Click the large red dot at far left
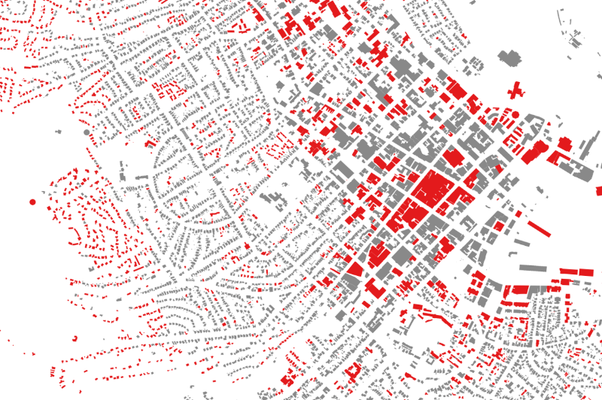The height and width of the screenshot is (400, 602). click(32, 202)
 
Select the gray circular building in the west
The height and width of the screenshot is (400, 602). click(87, 132)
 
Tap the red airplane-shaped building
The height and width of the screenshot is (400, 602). click(516, 91)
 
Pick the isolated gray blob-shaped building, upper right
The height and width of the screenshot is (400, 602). click(511, 56)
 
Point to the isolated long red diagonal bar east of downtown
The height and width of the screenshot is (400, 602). click(539, 228)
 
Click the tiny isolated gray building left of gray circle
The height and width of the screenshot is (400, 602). click(58, 133)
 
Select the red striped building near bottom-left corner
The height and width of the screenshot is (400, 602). click(51, 371)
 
